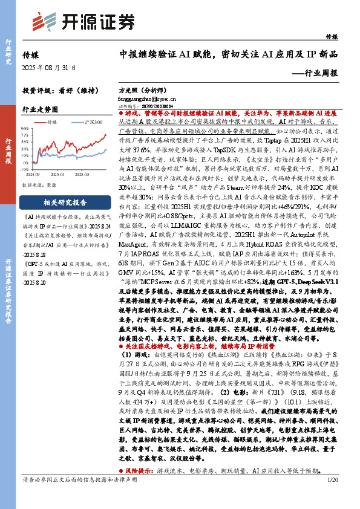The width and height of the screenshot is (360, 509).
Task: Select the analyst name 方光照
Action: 129,88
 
